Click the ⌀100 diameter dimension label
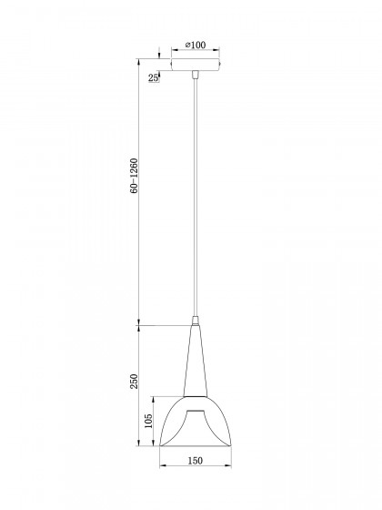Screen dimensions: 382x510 196,45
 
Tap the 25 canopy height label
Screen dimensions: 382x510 154,77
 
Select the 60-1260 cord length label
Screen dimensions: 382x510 134,176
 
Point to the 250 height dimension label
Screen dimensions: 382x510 134,382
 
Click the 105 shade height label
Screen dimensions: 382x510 148,421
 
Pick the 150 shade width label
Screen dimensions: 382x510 196,461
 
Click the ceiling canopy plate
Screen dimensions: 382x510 196,65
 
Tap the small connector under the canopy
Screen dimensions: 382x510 196,75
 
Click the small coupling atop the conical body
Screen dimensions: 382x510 196,321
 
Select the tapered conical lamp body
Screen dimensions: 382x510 196,361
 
